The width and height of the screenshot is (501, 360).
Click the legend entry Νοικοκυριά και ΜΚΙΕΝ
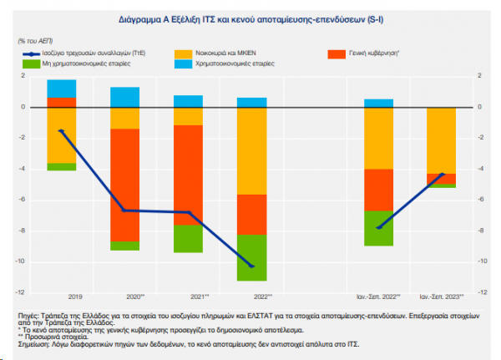point(233,53)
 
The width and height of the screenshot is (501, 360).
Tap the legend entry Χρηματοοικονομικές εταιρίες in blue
point(236,63)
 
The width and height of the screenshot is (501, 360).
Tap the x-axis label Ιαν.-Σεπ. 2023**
point(441,297)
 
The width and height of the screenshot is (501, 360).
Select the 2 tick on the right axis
point(479,76)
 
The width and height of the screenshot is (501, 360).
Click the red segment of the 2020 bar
point(125,185)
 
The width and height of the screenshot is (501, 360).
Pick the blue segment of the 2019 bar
point(62,89)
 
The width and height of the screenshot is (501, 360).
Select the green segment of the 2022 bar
point(251,257)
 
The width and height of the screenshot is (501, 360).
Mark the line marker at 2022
point(251,266)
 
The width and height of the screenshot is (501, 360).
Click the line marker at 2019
point(61,130)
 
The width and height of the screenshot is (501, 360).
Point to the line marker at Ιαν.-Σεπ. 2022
point(378,227)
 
